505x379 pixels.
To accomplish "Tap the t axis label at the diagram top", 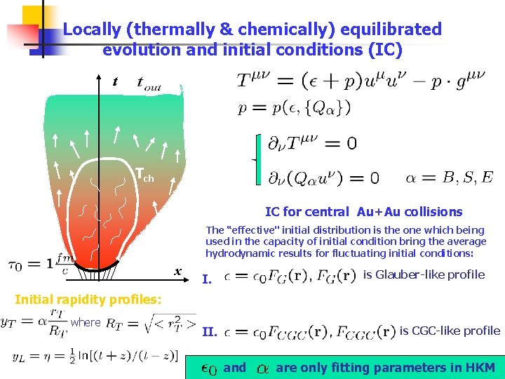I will point(115,83).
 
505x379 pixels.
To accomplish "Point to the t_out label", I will point(148,84).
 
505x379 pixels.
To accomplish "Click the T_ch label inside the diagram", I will point(144,175).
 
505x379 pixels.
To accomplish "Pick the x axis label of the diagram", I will point(178,272).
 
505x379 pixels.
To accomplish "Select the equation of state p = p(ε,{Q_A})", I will point(294,107).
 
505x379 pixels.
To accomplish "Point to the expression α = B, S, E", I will point(449,177).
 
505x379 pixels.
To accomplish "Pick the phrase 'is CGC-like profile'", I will point(450,331).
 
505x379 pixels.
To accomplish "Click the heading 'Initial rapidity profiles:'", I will point(88,300).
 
